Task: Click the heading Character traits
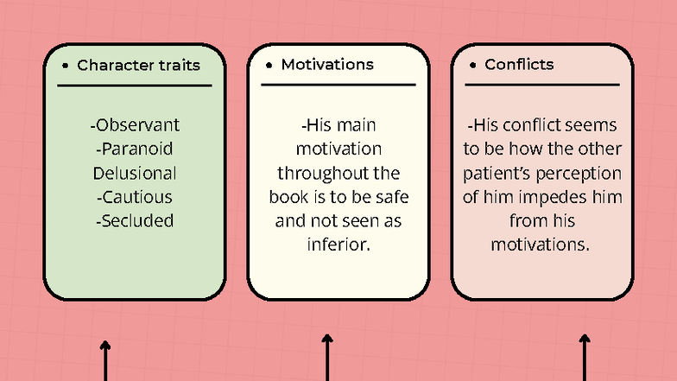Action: point(138,66)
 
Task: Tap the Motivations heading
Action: point(327,64)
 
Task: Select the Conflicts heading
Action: point(519,64)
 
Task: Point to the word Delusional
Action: point(135,173)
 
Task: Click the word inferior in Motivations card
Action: point(338,244)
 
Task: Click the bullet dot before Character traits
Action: point(66,66)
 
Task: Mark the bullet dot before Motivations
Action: point(269,66)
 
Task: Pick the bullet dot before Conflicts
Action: point(473,66)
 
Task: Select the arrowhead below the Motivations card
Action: point(326,338)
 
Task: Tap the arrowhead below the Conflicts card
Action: point(585,338)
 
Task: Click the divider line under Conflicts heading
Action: point(542,85)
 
